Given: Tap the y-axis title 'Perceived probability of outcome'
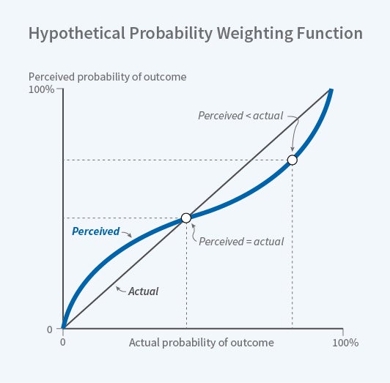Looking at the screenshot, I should [x=107, y=76].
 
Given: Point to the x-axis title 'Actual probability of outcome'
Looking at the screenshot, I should [x=202, y=343].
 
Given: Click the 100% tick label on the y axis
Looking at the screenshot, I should [x=41, y=90].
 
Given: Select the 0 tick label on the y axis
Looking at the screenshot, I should [x=50, y=330].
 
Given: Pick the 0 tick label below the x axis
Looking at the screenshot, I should [x=63, y=343].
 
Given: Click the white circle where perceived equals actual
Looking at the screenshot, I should [x=186, y=217].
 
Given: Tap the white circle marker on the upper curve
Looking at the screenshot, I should [x=292, y=160].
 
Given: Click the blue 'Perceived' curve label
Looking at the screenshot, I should [x=95, y=231].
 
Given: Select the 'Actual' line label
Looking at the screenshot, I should [x=144, y=291].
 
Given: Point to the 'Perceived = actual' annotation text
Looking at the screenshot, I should [x=241, y=241].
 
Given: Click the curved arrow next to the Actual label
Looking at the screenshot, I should [x=121, y=289].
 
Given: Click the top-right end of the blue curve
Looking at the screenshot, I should [x=331, y=90].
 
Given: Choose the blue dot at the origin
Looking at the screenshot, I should [x=64, y=328].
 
